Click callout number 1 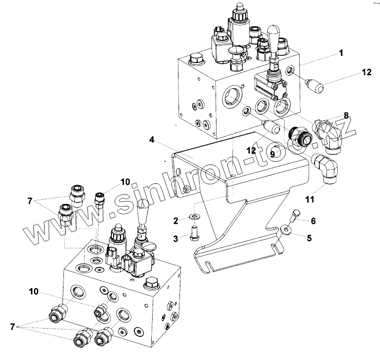[x=341, y=53]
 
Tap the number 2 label [x=175, y=220]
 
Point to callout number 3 [x=175, y=238]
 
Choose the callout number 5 [x=309, y=238]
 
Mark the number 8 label [x=346, y=115]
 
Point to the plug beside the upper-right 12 [x=314, y=86]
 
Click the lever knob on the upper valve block [x=273, y=37]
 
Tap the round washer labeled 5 [x=287, y=230]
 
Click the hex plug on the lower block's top [x=152, y=284]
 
